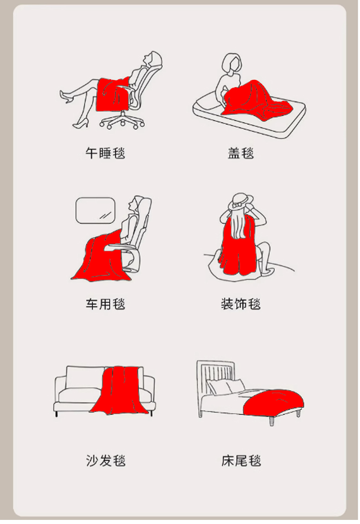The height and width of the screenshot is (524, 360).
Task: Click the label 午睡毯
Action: (x=105, y=153)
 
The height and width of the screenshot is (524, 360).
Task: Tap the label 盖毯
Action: (x=241, y=153)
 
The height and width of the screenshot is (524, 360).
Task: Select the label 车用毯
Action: (x=105, y=304)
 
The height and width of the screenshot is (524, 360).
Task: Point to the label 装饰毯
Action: (x=241, y=304)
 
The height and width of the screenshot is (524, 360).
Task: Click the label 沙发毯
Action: (x=105, y=461)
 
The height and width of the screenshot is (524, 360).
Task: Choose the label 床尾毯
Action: (x=241, y=461)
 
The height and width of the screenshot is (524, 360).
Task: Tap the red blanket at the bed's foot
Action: (x=273, y=403)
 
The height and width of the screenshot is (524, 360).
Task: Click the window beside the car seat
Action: (x=95, y=210)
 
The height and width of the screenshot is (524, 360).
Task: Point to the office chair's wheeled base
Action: (x=122, y=121)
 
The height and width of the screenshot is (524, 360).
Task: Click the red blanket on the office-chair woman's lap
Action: (x=113, y=94)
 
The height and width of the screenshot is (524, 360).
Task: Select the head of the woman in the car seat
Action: (x=138, y=205)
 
